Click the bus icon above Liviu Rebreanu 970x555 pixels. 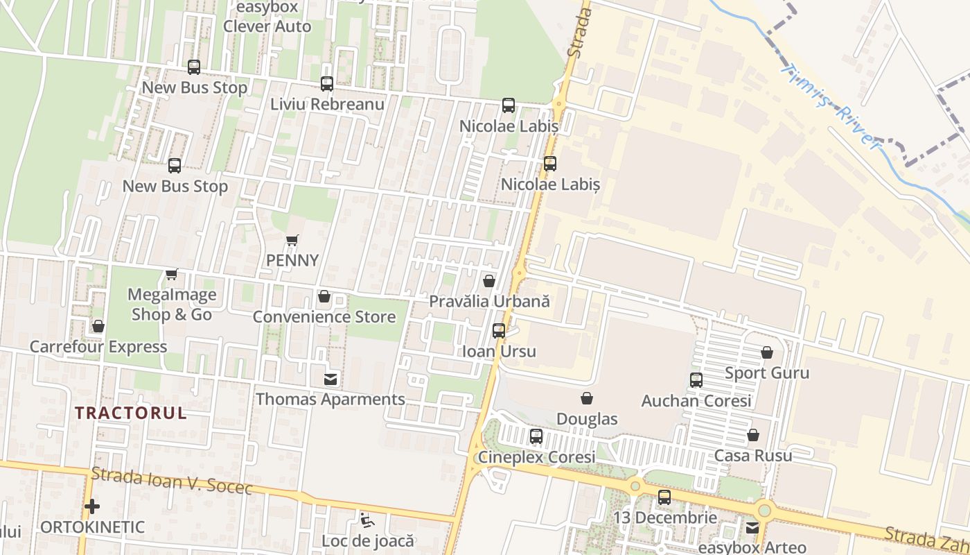point(327,84)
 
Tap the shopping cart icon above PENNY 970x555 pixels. point(292,241)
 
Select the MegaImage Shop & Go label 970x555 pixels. point(172,305)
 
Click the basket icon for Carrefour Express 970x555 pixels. point(98,326)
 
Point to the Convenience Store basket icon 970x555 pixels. point(324,297)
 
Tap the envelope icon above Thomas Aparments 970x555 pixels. point(330,379)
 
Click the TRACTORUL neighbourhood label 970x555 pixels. point(131,413)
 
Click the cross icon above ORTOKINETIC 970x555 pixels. point(92,506)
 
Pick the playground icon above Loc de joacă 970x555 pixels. point(367,520)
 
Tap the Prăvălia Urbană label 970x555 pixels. point(489,301)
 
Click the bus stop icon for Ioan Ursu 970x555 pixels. point(499,331)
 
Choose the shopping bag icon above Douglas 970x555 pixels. point(587,398)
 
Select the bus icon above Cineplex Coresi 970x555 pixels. point(536,436)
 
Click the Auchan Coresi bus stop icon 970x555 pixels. point(696,380)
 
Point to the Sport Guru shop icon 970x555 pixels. point(767,352)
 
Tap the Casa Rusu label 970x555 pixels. point(753,456)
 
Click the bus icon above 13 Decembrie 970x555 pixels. point(664,497)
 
